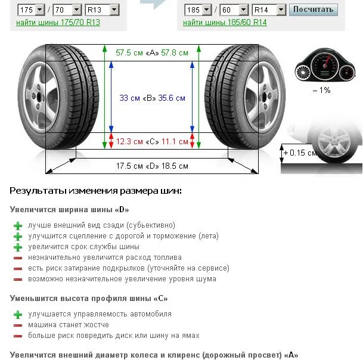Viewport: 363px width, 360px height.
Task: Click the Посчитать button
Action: point(314,10)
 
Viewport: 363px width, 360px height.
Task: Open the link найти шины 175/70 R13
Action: point(58,23)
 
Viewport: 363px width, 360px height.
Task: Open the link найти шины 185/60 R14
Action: point(225,23)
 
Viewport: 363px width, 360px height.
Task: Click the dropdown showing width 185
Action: point(198,10)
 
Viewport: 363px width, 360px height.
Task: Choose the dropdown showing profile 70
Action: point(67,10)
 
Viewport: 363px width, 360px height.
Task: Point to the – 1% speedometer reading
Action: point(321,90)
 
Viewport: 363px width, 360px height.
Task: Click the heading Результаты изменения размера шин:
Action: point(95,191)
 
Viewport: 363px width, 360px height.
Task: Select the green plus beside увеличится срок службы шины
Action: point(18,247)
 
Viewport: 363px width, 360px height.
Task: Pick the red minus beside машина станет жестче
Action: point(18,325)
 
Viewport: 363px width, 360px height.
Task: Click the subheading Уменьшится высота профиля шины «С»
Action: point(89,298)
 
